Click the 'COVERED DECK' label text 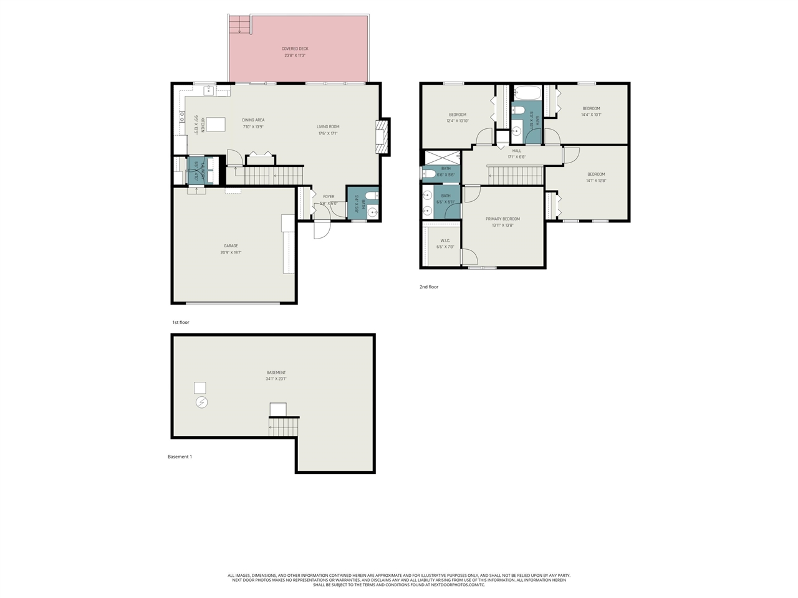[x=295, y=49]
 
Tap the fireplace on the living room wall [x=382, y=136]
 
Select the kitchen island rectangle [x=216, y=125]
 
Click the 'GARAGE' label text [x=231, y=246]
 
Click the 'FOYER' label [x=329, y=197]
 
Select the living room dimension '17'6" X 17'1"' [x=328, y=133]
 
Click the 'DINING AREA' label [x=253, y=120]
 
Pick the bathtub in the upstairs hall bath [x=527, y=93]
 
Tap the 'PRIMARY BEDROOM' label [x=502, y=219]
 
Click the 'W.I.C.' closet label [x=445, y=240]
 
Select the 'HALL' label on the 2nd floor [x=517, y=151]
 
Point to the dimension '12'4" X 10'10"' [x=458, y=121]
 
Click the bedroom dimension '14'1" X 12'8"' [x=596, y=181]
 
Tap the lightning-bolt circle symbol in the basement [x=201, y=403]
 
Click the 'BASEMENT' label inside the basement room [x=276, y=373]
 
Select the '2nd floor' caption [x=429, y=287]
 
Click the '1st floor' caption [x=181, y=323]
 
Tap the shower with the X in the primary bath [x=442, y=157]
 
